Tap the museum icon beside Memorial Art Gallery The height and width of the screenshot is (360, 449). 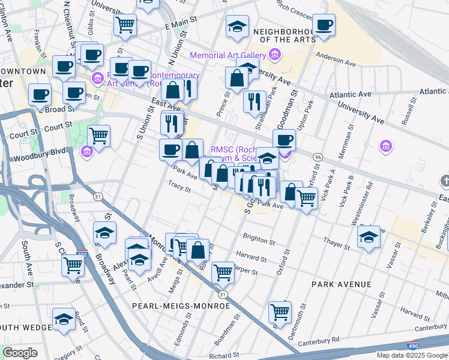[x=275, y=56]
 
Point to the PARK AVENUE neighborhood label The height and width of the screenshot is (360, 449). [x=342, y=284]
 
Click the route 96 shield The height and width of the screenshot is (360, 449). [x=316, y=156]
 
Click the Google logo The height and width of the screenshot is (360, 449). [x=20, y=353]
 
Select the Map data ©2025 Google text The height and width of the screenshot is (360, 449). [x=411, y=355]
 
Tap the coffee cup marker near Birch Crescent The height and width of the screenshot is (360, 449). [x=324, y=25]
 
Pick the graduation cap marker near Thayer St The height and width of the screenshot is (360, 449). [x=369, y=236]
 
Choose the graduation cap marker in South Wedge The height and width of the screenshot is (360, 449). [x=64, y=319]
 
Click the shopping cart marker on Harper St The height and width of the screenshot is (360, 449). [x=223, y=272]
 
